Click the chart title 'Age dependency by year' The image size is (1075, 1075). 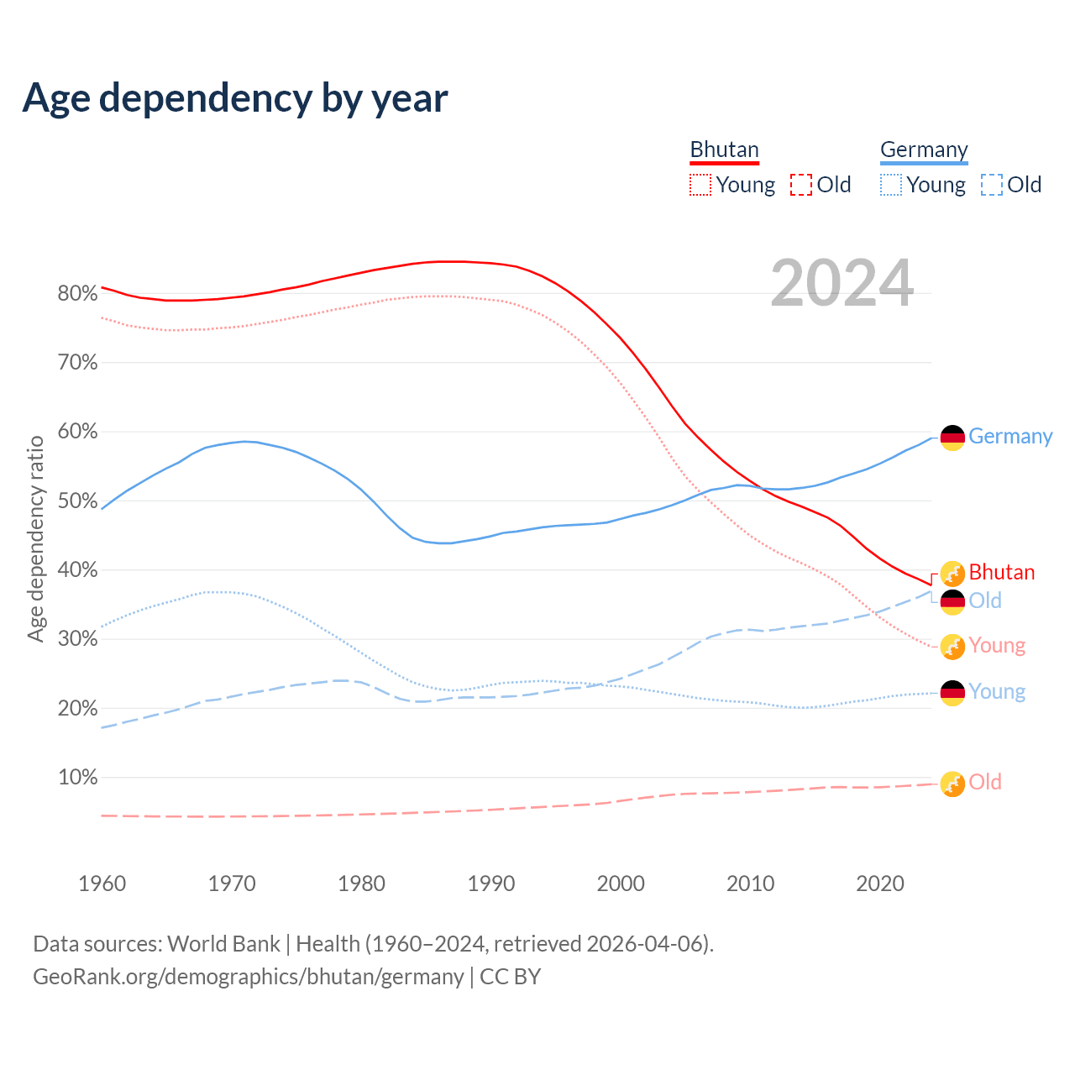point(235,98)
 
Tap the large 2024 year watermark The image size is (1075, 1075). point(842,284)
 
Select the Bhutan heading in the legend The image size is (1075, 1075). point(724,149)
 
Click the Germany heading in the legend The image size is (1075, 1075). point(924,149)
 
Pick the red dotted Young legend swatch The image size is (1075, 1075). point(700,185)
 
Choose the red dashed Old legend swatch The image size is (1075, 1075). point(801,185)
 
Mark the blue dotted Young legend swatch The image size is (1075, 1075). point(891,185)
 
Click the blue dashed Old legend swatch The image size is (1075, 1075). point(992,185)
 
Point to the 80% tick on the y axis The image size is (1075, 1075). point(77,294)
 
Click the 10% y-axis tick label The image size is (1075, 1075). point(77,778)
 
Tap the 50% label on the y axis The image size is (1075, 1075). point(77,501)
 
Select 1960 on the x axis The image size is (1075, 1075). point(102,884)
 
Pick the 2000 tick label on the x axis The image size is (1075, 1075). point(621,884)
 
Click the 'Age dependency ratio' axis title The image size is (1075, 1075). point(35,538)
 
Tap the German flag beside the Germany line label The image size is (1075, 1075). point(952,438)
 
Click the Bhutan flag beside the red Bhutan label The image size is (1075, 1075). point(952,574)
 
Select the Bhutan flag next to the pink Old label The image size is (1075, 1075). point(952,784)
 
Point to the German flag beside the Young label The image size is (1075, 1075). point(952,693)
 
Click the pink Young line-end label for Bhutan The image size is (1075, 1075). point(997,645)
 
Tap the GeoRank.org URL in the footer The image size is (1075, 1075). point(248,977)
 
